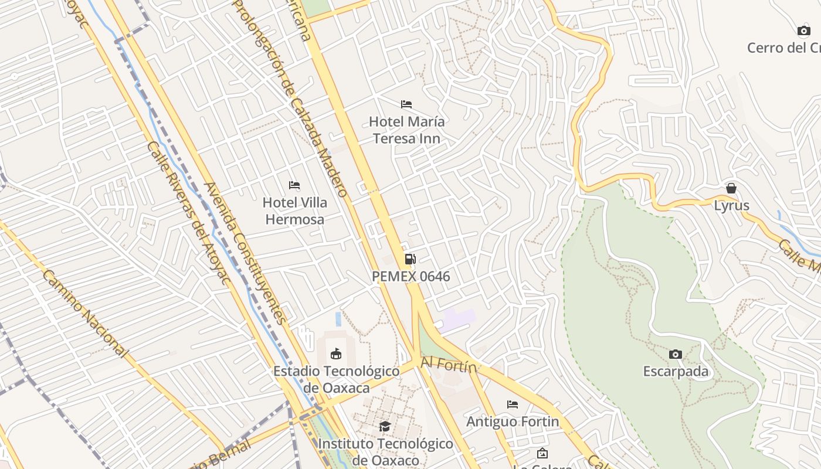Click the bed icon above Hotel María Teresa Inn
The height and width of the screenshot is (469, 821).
coord(406,104)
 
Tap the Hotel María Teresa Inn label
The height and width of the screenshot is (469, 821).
coord(406,130)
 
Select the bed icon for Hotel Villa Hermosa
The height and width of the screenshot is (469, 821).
coord(294,185)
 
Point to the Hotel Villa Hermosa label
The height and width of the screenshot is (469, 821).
coord(294,211)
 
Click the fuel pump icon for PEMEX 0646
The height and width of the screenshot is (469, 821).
coord(410,259)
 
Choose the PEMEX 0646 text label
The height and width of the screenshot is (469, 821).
coord(410,276)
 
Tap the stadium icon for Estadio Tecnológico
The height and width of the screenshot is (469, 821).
coord(336,354)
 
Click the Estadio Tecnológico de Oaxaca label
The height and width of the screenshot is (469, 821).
coord(337,379)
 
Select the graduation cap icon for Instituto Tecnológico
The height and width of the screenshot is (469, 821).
coord(385,426)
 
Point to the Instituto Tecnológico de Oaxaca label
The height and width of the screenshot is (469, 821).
coord(385,452)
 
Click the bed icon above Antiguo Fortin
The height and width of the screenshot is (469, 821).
coord(513,405)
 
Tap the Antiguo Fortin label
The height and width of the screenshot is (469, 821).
coord(513,422)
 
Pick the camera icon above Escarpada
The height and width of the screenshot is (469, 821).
coord(676,354)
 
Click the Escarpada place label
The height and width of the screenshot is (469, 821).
coord(676,372)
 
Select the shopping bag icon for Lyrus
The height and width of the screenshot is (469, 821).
coord(731,188)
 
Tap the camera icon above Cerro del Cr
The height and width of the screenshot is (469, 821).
coord(803,30)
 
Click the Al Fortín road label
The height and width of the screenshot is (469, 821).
coord(449,366)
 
